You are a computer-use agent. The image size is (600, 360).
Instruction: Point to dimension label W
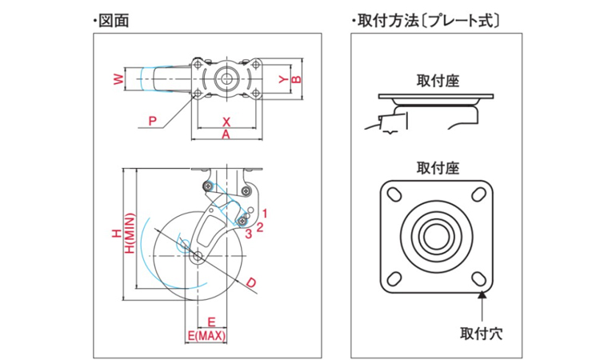118,79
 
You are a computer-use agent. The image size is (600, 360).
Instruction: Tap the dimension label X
226,122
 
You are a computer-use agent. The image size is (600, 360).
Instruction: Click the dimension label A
226,136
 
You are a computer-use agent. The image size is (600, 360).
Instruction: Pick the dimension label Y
282,79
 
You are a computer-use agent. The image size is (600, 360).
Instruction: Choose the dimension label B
295,79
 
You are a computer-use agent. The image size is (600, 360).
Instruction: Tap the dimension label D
250,283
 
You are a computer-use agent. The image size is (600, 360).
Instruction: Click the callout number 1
264,213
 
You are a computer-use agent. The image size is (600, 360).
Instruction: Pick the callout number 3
250,234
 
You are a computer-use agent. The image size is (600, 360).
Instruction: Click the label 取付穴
482,329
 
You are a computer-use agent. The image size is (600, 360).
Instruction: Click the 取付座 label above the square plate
437,168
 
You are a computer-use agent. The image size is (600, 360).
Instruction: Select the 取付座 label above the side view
437,81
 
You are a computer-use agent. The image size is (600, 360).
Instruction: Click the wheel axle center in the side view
198,256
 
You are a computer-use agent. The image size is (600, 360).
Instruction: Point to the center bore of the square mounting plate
436,237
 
